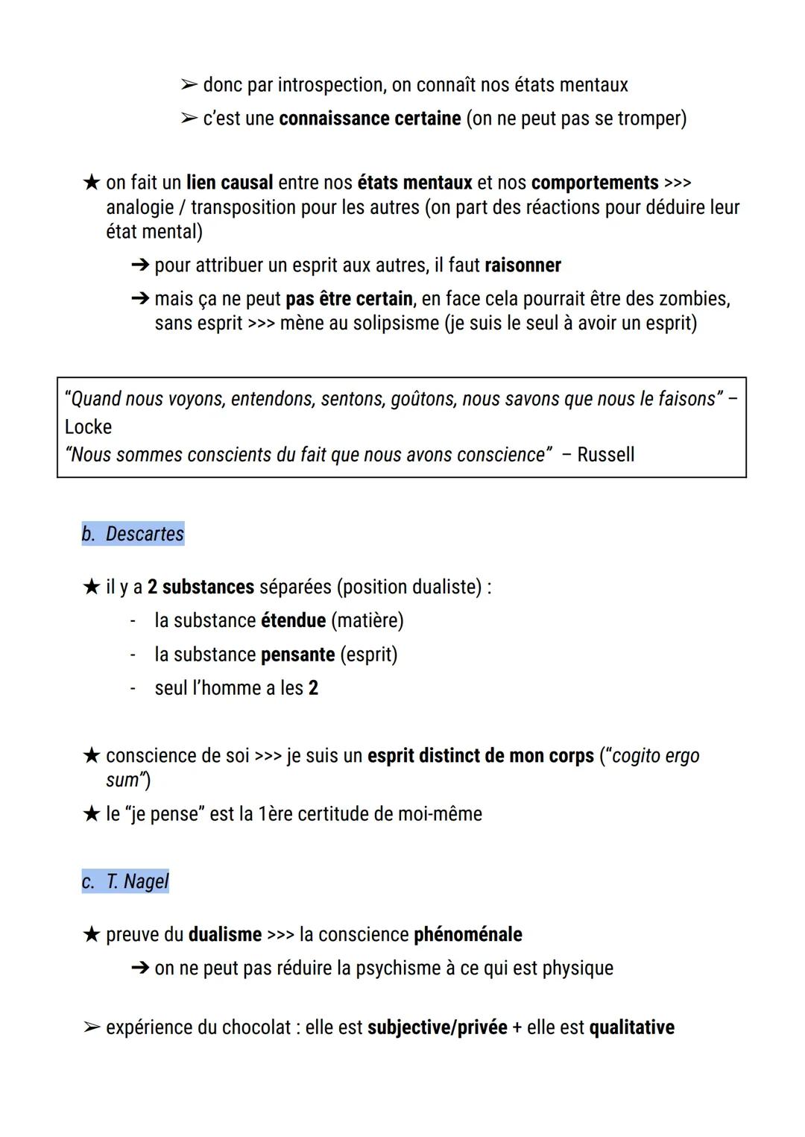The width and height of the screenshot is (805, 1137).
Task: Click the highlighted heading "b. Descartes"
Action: [x=133, y=534]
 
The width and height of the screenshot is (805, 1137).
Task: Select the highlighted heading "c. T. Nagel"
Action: [x=126, y=881]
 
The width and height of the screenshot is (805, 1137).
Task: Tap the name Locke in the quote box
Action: [x=88, y=427]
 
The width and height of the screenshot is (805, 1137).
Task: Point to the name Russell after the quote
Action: [x=605, y=455]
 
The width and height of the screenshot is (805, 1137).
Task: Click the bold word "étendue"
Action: [x=293, y=620]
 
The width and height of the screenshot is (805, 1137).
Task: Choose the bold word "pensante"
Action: [x=297, y=655]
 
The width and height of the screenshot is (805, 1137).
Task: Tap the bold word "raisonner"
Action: [x=523, y=265]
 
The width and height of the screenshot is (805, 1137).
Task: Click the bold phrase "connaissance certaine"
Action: [x=370, y=119]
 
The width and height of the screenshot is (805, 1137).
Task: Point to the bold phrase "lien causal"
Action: [x=230, y=183]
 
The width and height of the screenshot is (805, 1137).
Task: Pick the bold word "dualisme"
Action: [x=225, y=934]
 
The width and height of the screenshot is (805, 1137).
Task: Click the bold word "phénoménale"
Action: [x=468, y=934]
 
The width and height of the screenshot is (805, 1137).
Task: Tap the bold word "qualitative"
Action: [x=631, y=1027]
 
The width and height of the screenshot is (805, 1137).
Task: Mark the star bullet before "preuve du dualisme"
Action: [x=91, y=934]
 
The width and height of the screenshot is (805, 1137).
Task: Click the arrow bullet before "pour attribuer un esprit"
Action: [x=140, y=265]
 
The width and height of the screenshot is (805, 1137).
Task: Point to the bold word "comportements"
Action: [x=595, y=183]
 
